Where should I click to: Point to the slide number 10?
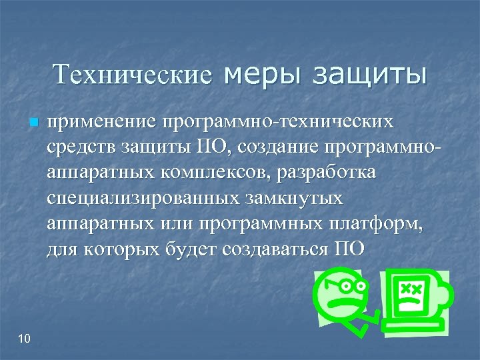(x=25, y=339)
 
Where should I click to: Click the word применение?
(x=99, y=123)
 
